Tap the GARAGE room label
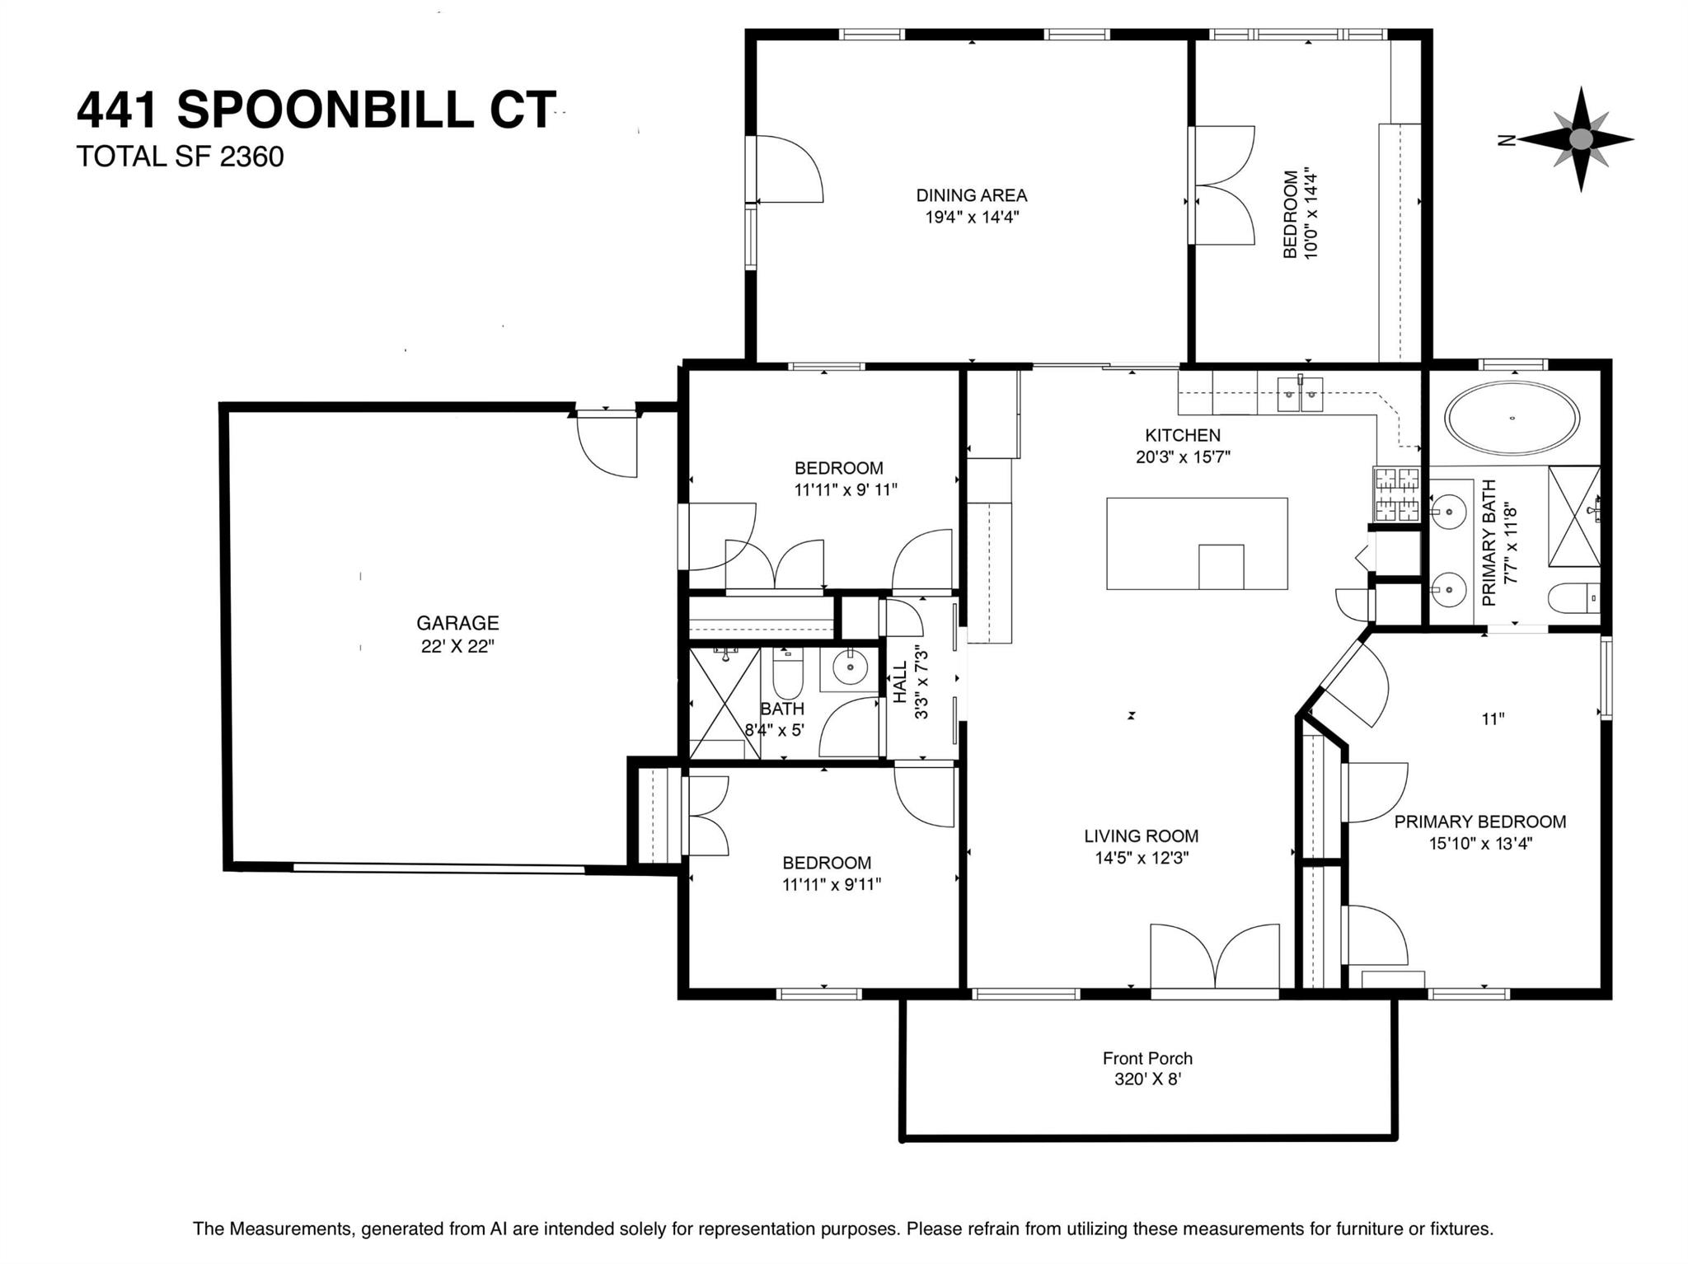[457, 623]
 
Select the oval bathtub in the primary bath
[1512, 417]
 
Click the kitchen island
[1197, 543]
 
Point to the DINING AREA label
[972, 195]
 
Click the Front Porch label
[1147, 1058]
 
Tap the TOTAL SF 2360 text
[181, 157]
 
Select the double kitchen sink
[1300, 394]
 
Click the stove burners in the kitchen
[1396, 494]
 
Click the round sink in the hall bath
[849, 667]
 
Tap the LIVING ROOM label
[1142, 836]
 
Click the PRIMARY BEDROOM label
[1480, 822]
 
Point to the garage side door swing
[607, 445]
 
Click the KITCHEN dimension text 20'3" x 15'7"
[1183, 457]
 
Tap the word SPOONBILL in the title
[326, 110]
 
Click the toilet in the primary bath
[1573, 597]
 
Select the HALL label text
[900, 682]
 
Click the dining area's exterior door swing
[790, 168]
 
